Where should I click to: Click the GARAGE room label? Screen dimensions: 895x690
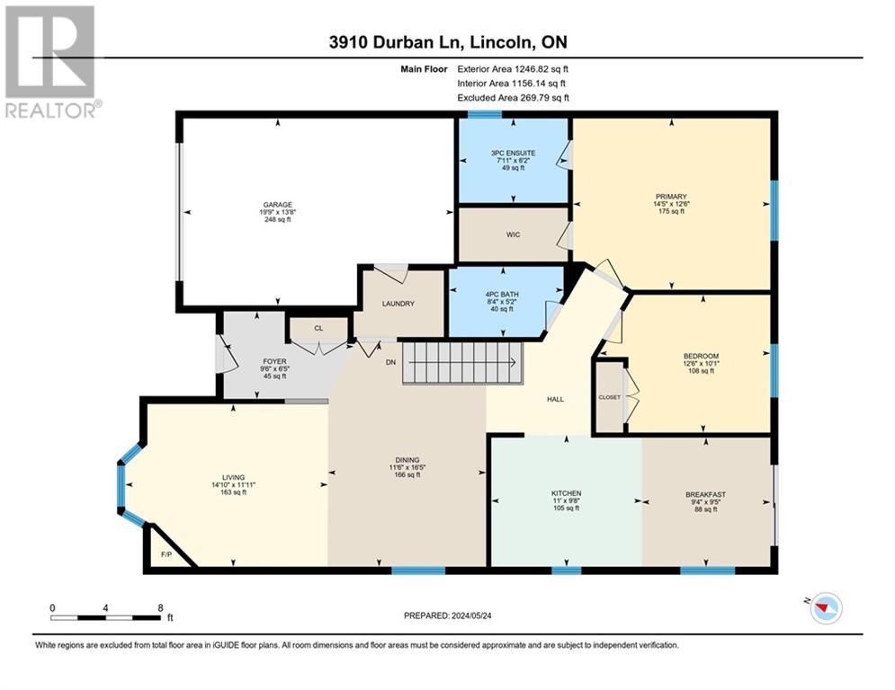pyautogui.click(x=277, y=205)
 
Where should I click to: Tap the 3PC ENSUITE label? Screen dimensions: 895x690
pyautogui.click(x=513, y=153)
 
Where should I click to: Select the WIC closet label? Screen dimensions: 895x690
pyautogui.click(x=513, y=234)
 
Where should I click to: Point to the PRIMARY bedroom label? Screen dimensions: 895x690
pyautogui.click(x=671, y=197)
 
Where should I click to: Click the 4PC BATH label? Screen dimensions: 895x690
pyautogui.click(x=502, y=295)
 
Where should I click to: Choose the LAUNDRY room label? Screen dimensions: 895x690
pyautogui.click(x=398, y=304)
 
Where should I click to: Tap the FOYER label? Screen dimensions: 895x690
pyautogui.click(x=274, y=361)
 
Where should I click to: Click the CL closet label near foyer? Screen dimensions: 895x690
pyautogui.click(x=318, y=329)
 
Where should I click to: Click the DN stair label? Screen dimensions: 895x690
pyautogui.click(x=390, y=362)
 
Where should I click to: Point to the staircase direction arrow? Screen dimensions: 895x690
pyautogui.click(x=462, y=362)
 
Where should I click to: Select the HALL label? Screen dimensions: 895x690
pyautogui.click(x=555, y=399)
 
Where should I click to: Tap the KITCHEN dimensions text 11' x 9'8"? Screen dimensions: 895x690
pyautogui.click(x=566, y=500)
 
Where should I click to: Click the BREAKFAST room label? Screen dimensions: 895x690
pyautogui.click(x=705, y=495)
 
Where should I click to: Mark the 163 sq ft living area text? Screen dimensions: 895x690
pyautogui.click(x=234, y=492)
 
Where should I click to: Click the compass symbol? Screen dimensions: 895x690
pyautogui.click(x=826, y=608)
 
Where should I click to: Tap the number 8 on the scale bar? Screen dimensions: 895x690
pyautogui.click(x=160, y=608)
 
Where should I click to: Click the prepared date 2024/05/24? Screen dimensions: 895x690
pyautogui.click(x=471, y=615)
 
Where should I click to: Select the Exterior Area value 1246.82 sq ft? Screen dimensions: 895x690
pyautogui.click(x=541, y=69)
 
